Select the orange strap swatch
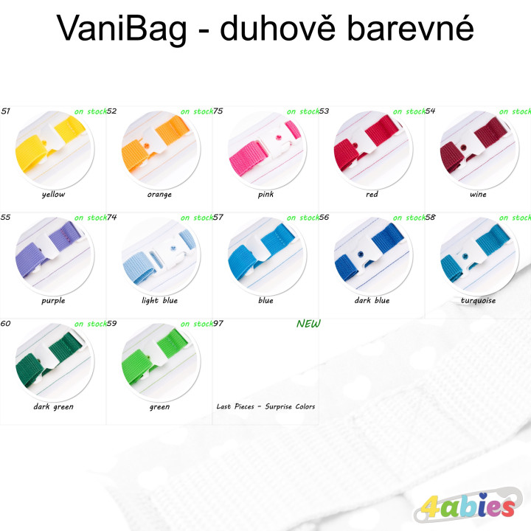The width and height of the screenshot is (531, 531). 159,152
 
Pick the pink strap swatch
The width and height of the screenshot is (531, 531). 265,152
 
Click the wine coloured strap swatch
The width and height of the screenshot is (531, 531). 478,152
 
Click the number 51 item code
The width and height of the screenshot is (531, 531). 6,111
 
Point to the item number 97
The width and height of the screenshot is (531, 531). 218,323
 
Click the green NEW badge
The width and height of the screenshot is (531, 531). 308,323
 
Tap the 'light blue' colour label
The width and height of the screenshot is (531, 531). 159,301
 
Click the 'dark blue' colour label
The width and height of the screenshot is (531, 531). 372,301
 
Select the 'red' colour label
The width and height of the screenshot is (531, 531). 372,195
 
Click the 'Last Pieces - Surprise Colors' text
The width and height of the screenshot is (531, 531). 265,406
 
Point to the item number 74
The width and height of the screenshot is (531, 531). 112,217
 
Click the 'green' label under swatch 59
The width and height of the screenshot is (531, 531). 159,406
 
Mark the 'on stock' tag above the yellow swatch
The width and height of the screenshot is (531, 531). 90,111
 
